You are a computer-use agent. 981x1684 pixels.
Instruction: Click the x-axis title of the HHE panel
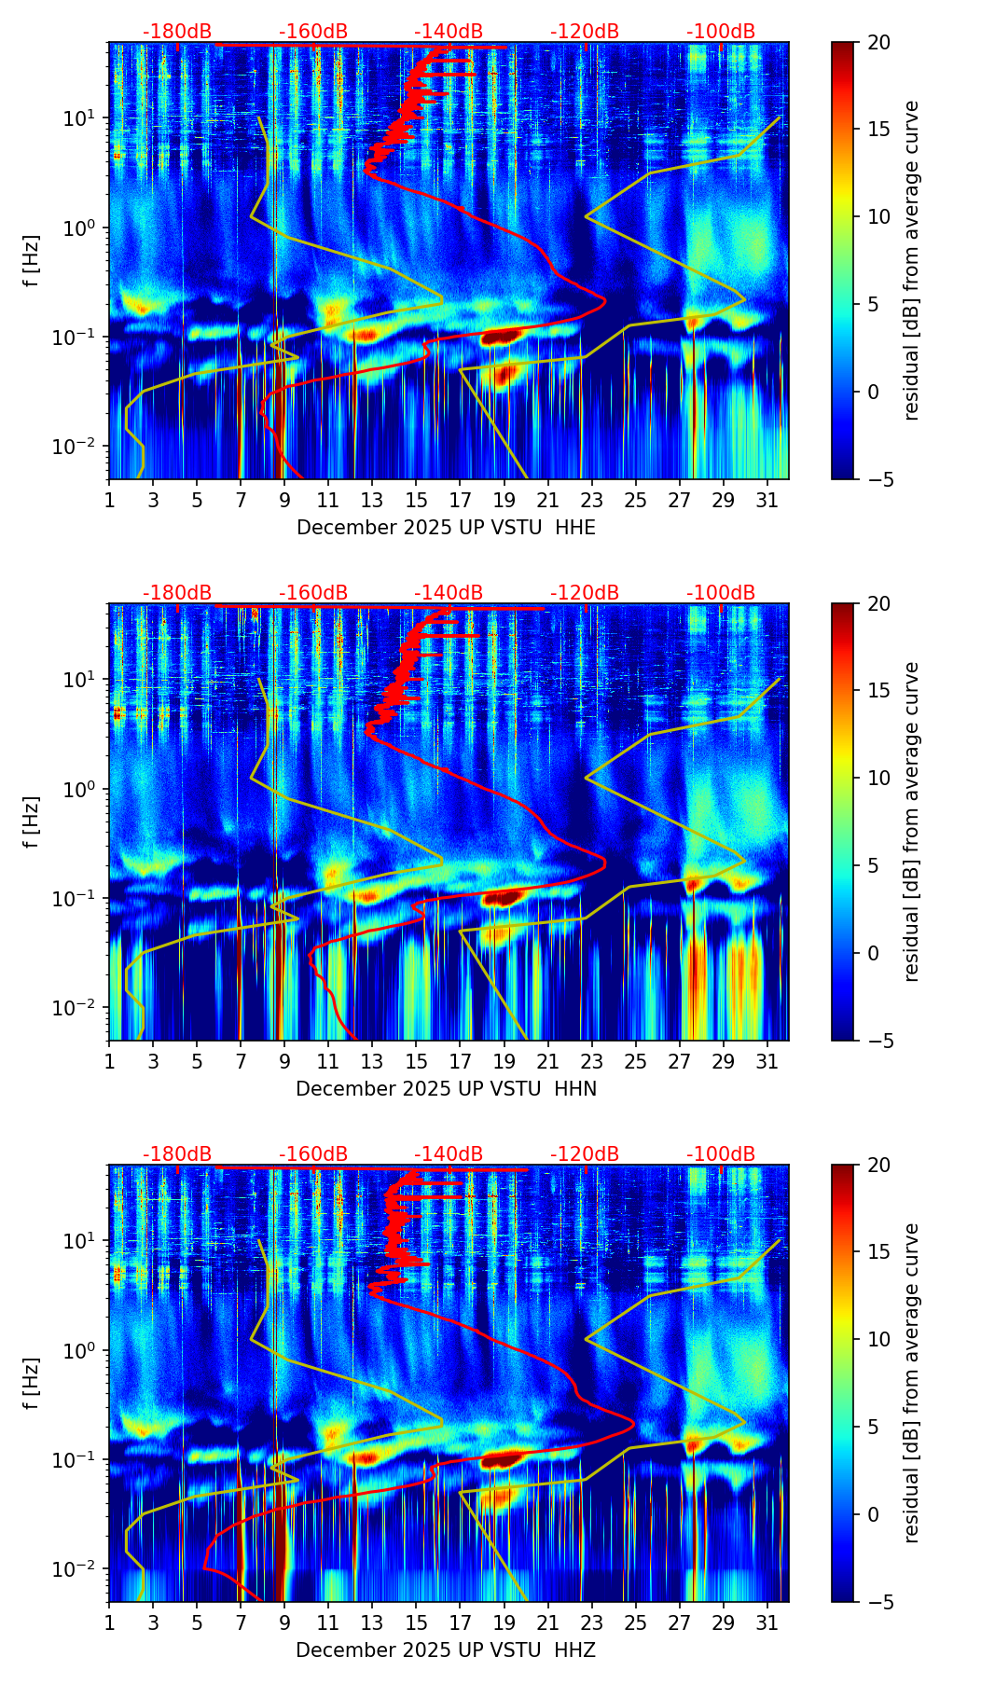click(x=446, y=528)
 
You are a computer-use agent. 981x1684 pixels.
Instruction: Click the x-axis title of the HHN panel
click(x=446, y=1089)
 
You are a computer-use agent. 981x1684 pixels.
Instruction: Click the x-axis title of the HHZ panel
click(x=446, y=1650)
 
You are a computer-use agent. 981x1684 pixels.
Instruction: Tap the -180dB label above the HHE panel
click(x=177, y=32)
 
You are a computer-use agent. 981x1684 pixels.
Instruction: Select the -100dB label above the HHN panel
click(x=721, y=593)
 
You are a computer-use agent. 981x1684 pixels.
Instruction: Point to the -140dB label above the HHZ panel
click(x=449, y=1154)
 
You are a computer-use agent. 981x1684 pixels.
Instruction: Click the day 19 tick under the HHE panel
click(x=504, y=500)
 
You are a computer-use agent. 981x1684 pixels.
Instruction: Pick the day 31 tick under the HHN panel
click(x=767, y=1061)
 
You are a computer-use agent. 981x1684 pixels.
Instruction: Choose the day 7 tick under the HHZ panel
click(x=241, y=1622)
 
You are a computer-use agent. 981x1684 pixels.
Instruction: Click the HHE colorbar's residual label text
click(x=912, y=260)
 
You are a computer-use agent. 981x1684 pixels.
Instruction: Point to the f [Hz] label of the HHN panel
click(x=32, y=821)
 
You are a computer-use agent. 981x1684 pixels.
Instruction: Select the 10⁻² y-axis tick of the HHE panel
click(x=82, y=447)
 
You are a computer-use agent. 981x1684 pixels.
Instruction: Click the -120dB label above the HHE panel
click(x=585, y=32)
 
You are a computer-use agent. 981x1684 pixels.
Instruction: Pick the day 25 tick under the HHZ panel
click(x=636, y=1622)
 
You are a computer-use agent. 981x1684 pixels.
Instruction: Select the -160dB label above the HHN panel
click(x=313, y=593)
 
